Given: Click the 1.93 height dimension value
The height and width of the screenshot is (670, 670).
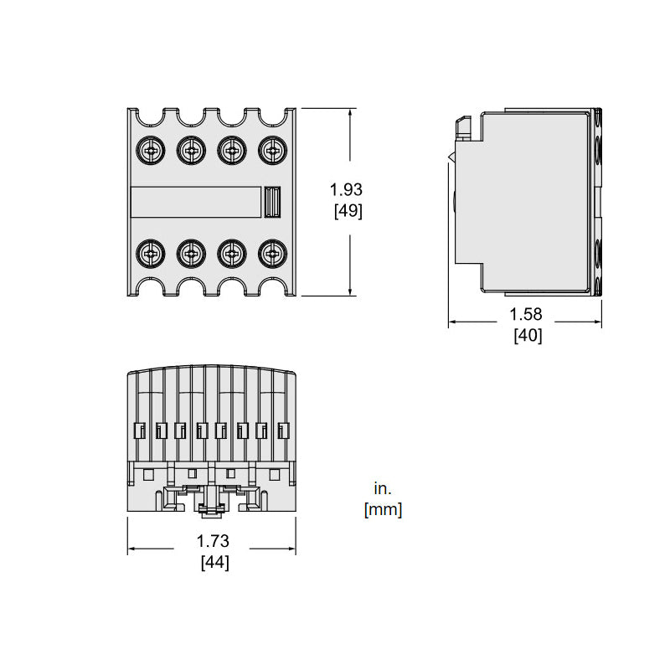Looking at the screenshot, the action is tap(346, 189).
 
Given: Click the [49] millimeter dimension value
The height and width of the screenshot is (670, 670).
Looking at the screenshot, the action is tap(348, 211).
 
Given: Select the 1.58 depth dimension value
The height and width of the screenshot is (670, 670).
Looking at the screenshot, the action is tap(526, 314).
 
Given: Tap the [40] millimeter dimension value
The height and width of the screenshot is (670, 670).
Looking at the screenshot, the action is tap(528, 336).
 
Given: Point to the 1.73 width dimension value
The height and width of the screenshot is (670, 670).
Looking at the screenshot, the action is tap(213, 541).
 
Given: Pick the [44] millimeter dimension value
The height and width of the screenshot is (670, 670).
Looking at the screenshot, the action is tap(215, 562).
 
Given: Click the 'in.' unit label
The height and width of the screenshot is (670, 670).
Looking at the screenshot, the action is tap(383, 488).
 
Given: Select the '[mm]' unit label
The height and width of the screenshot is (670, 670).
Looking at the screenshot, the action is tap(384, 510).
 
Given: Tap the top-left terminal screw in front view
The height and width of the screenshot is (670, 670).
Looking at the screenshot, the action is tap(151, 150).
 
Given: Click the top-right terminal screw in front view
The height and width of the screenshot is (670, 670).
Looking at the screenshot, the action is tap(273, 150).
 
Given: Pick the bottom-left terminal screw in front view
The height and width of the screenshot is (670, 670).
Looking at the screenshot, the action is tap(151, 254).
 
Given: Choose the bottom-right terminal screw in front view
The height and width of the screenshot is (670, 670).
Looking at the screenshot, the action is tap(273, 254).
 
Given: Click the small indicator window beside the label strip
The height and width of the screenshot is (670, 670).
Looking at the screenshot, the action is tap(272, 202).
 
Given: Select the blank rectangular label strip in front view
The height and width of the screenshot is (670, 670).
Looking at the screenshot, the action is tap(196, 202).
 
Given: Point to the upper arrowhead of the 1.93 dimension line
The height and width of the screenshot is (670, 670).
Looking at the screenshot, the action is tap(350, 113).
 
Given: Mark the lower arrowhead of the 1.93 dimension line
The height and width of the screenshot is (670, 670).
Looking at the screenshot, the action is tap(350, 291).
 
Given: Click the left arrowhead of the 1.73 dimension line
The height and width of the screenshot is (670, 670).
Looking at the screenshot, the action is tap(132, 549).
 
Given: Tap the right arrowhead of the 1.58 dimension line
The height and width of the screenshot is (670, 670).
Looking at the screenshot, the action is tap(596, 322).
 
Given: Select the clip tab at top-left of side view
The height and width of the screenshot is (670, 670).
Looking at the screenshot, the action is tap(463, 128).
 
